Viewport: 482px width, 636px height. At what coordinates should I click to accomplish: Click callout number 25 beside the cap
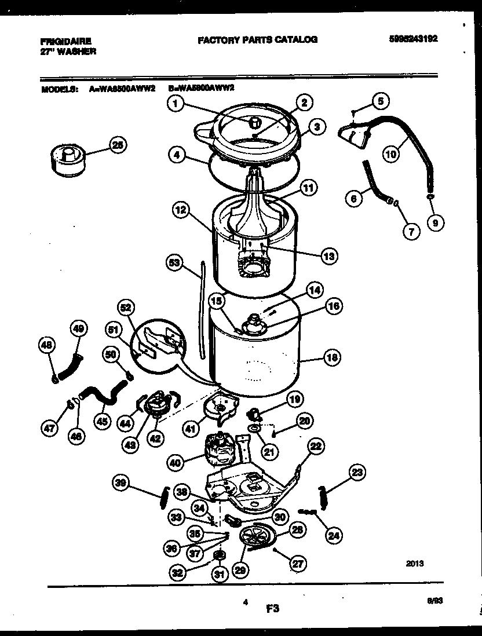tap(118, 146)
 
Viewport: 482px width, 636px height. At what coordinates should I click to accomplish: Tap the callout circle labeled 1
tap(177, 104)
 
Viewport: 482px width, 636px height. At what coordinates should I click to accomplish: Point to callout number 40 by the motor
tap(176, 462)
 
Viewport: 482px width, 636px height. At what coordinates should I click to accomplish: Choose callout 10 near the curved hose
tap(392, 153)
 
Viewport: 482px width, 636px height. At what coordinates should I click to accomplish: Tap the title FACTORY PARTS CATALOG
tap(257, 39)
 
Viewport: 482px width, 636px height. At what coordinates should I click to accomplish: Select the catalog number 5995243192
tap(414, 39)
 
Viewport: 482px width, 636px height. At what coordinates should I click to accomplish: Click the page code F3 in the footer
tap(273, 608)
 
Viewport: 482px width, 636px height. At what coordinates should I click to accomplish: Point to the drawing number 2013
tap(415, 562)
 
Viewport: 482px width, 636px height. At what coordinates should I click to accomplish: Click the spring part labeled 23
tap(323, 499)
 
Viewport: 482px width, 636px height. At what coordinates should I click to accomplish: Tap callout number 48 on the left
tap(48, 346)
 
